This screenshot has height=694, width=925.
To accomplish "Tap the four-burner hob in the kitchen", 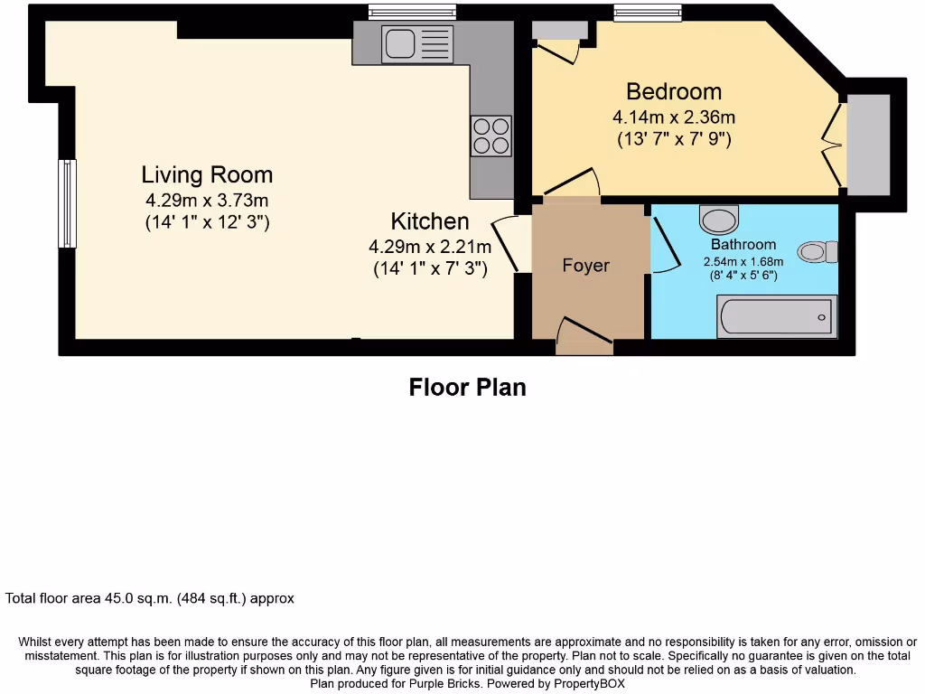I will click(491, 136).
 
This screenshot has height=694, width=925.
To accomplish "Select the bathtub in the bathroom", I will click(776, 317).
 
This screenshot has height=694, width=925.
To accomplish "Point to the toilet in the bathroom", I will click(818, 251).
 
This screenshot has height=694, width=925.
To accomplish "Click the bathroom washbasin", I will click(719, 219).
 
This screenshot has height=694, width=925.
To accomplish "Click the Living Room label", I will click(207, 174).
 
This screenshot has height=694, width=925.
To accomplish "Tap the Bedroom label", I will click(674, 91).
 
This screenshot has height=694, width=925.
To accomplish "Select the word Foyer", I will click(585, 266).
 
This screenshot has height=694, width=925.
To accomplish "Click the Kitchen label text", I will click(429, 221).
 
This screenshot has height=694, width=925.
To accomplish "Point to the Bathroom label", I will click(743, 245).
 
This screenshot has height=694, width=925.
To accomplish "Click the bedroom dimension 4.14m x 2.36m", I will click(674, 117).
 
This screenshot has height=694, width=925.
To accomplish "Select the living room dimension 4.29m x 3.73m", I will click(207, 200).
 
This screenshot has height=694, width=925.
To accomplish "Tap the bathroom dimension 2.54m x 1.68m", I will click(743, 262).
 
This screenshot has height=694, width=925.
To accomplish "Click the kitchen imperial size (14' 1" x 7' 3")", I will click(430, 267).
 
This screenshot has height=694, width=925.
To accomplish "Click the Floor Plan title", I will click(467, 388).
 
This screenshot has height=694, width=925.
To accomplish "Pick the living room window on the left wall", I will click(67, 203).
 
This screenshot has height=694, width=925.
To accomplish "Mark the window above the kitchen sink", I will click(413, 12).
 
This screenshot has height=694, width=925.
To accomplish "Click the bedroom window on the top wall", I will click(647, 12).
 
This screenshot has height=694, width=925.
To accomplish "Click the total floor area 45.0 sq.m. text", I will click(150, 598).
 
